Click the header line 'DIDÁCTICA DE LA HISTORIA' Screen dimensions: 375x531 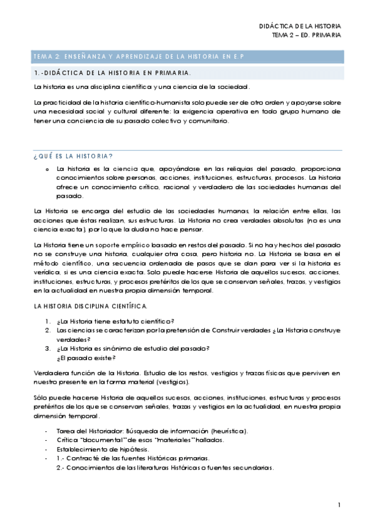[x=301, y=26]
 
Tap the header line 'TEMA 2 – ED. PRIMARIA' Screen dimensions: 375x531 [x=307, y=35]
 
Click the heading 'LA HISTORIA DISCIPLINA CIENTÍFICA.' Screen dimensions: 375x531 [x=91, y=306]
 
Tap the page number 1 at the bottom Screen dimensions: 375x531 [x=339, y=505]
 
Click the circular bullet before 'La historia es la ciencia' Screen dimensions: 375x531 [x=47, y=169]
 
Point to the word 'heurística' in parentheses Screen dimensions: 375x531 [x=230, y=431]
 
